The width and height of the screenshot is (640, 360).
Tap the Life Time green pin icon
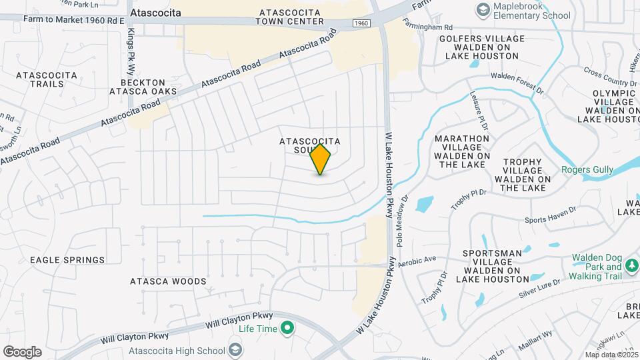[287, 328]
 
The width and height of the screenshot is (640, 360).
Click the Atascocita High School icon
[235, 349]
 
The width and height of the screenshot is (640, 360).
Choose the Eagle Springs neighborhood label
[67, 259]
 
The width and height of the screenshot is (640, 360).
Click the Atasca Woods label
[168, 281]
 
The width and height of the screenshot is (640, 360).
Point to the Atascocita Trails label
[40, 79]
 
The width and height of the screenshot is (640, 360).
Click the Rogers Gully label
[587, 170]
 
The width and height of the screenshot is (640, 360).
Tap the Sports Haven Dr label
[549, 219]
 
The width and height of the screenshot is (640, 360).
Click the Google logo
[22, 352]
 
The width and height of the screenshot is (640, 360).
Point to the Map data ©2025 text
[611, 355]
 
